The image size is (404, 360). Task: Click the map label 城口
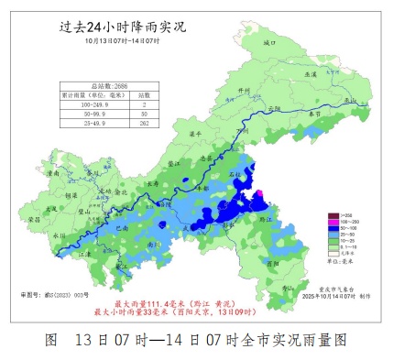click(x=268, y=42)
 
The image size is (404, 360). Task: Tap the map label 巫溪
click(x=311, y=74)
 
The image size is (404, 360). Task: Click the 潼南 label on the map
click(x=52, y=171)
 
